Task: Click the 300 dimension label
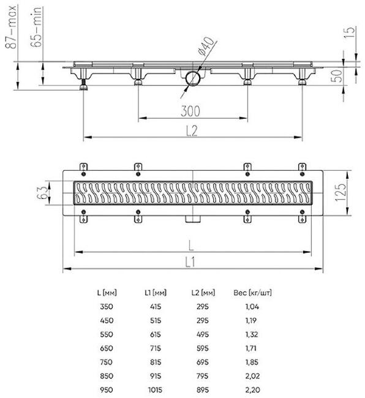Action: coord(190,111)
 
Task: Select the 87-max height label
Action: coord(11,27)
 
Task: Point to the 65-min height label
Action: coord(36,27)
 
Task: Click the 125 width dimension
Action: coord(341,192)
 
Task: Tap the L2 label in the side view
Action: coord(192,130)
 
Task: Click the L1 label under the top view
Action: coord(190,261)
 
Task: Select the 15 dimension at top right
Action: coord(349,32)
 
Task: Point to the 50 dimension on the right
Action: coord(337,76)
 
